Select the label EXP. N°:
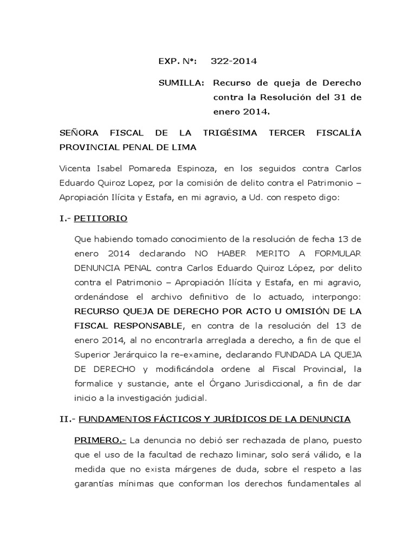178,62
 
